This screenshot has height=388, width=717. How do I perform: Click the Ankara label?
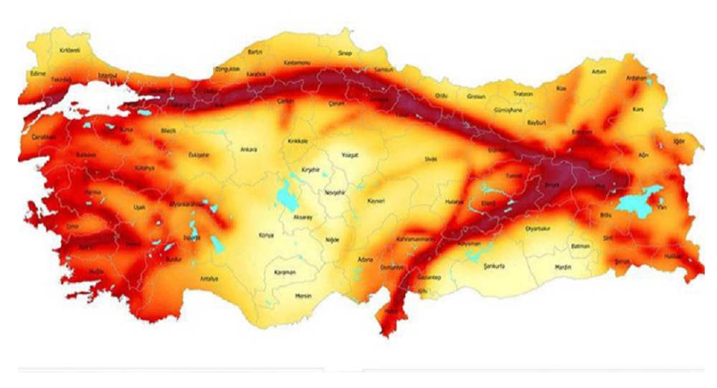click(249, 150)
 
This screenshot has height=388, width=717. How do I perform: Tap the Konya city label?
click(267, 235)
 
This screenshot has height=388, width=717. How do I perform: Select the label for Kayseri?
click(376, 202)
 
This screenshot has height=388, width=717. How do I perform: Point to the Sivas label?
click(430, 158)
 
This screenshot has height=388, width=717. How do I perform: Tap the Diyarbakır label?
click(537, 231)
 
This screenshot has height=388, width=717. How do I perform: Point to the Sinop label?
click(346, 53)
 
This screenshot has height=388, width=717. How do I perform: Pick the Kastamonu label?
click(298, 64)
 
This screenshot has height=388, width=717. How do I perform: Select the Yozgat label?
click(349, 154)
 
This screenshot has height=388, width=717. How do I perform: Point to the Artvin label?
click(599, 72)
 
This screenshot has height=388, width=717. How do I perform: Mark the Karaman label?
click(285, 273)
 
